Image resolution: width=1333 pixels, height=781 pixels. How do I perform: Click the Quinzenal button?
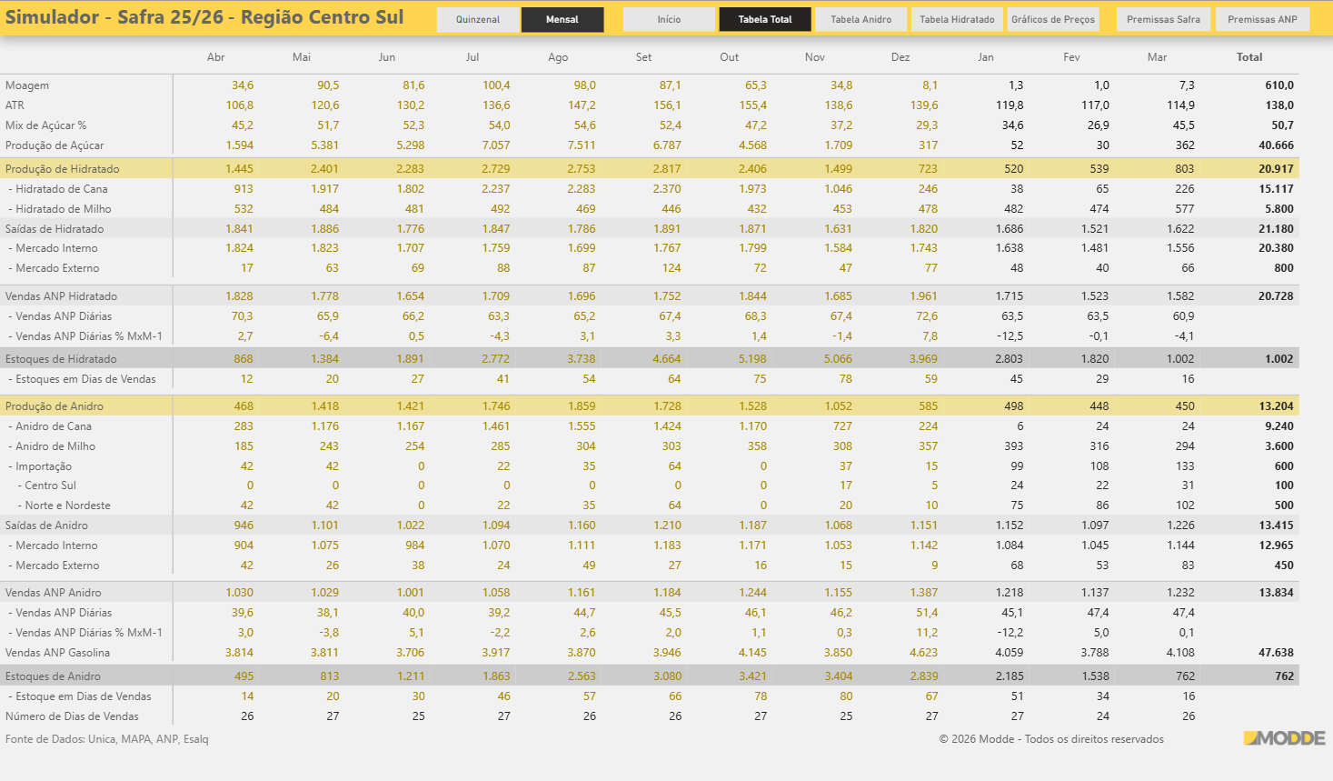(478, 19)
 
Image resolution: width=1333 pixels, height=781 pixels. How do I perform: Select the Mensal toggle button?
(562, 19)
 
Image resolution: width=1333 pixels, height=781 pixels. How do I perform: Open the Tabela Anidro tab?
(860, 19)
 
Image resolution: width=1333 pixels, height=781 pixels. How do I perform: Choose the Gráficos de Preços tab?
(1053, 19)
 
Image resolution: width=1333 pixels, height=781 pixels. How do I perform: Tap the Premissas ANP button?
(1262, 19)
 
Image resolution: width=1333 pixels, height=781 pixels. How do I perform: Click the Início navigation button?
(669, 19)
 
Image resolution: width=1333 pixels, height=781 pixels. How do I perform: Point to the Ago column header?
(558, 57)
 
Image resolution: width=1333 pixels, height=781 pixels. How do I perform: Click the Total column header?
(1249, 57)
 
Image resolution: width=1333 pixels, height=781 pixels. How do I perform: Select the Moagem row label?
(27, 85)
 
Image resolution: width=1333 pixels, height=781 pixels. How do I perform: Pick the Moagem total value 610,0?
(1279, 85)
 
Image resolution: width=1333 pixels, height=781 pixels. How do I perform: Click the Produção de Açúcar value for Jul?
(496, 145)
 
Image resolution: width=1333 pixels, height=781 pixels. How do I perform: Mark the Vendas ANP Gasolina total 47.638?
(1276, 653)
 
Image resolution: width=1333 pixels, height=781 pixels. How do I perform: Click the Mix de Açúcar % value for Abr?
(243, 125)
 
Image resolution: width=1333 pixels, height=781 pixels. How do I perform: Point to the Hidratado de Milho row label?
(64, 209)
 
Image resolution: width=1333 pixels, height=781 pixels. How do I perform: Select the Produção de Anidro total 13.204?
(1276, 406)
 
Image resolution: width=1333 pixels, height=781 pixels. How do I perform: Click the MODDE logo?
(1285, 738)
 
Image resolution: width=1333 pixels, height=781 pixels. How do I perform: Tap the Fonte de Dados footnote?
(107, 739)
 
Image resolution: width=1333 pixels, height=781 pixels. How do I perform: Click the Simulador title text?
(204, 17)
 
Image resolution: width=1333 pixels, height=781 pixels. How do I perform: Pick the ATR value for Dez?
(924, 105)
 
